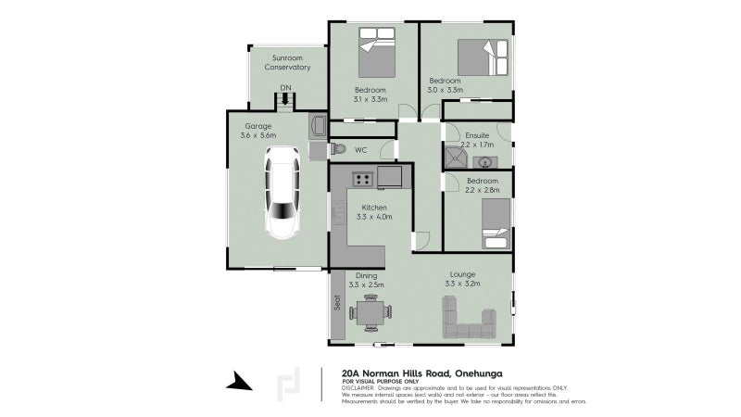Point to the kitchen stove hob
pos(359,180)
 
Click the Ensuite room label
pos(477,135)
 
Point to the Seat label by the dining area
pos(336,303)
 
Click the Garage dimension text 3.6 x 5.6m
pos(258,136)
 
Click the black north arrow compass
pos(239,381)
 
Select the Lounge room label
pos(462,274)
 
